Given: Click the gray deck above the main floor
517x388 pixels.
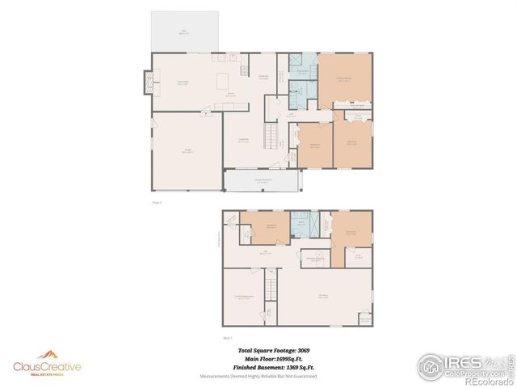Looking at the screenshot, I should (x=185, y=32).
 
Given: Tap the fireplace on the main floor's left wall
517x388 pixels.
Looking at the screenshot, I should (x=147, y=82).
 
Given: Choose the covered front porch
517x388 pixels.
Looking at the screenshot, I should (x=263, y=180).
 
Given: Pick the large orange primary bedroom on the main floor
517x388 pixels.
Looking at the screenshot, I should (x=346, y=79).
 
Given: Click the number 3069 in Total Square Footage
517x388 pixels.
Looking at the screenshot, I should (x=303, y=350).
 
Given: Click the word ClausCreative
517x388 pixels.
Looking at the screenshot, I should (x=47, y=367).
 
